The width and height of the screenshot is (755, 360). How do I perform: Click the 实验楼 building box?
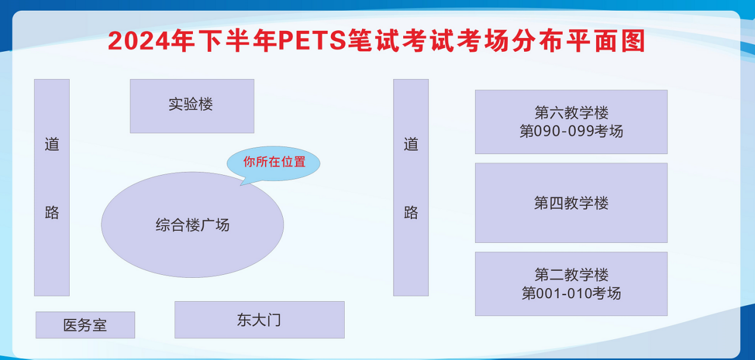point(192,106)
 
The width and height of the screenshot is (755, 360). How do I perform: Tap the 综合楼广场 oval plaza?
point(192,225)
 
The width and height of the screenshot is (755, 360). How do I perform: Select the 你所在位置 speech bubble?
point(273,164)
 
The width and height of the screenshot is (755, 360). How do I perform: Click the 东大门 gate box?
point(260,320)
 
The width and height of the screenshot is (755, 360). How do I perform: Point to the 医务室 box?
point(85,325)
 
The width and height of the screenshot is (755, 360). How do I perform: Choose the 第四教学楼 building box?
point(571,203)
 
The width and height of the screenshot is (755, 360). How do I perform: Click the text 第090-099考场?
point(571,131)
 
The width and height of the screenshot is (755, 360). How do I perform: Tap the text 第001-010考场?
point(571,293)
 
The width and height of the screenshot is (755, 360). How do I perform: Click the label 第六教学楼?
point(571,112)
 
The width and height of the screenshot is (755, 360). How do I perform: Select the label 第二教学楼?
point(571,275)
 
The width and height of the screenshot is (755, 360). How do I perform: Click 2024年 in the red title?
point(151,40)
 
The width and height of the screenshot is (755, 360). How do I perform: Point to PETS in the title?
point(313,40)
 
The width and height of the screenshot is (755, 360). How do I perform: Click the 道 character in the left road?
point(52,144)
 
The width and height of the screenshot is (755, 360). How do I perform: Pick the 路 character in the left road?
point(52,212)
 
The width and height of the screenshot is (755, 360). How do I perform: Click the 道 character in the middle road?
point(411,144)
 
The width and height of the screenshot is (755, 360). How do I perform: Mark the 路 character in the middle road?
point(411,212)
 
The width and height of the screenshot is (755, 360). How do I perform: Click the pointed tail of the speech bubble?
point(241,185)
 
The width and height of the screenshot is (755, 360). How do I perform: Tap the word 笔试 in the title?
point(374,40)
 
